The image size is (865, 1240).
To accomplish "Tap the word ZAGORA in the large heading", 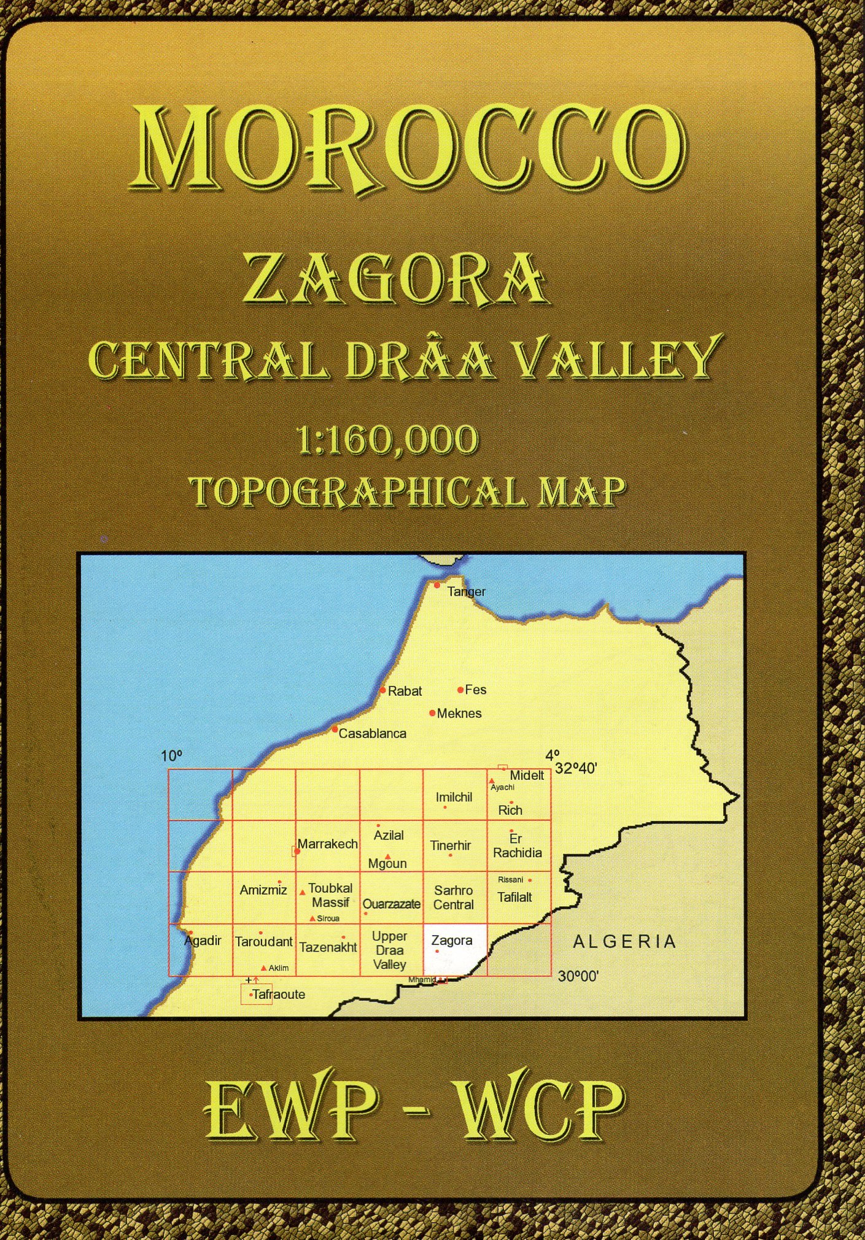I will coord(395,279).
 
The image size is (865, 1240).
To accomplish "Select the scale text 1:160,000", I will coord(388,441).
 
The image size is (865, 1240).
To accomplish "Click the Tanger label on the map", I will coord(466,591).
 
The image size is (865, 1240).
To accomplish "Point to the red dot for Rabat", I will coord(383,690).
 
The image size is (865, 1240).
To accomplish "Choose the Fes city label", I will coord(475,690).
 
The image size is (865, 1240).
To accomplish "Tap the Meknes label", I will coord(459,713).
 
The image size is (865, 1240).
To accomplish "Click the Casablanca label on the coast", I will coord(372,733).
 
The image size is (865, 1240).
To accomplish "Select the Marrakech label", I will coord(327,844).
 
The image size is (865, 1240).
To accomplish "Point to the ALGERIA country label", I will coord(624,941).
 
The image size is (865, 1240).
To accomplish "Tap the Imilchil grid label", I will coord(454,797).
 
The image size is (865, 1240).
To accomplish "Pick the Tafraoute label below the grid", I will coord(279,995).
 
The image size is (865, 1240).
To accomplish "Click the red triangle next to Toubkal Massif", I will coord(302,892).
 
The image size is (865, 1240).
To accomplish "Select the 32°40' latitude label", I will coord(576,768).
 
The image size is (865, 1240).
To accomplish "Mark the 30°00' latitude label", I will coord(577,976).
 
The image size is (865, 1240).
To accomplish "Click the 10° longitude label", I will coord(172,756).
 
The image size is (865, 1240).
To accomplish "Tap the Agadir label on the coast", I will coord(203,941).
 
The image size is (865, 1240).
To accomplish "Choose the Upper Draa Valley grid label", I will coord(390,950).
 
